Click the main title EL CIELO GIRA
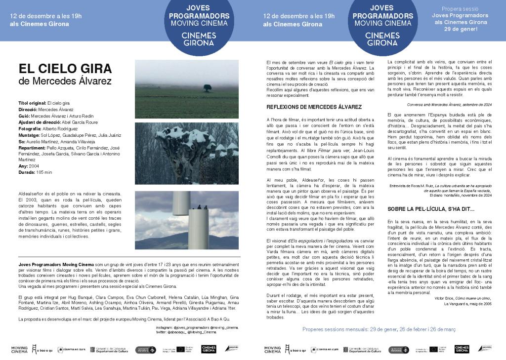pos(65,68)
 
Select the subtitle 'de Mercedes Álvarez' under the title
pos(65,80)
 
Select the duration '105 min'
pos(43,172)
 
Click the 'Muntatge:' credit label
pos(29,134)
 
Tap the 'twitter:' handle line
pos(197,333)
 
